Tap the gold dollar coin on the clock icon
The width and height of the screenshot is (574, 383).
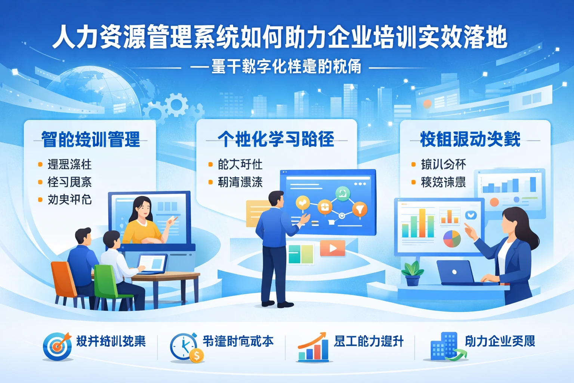pyautogui.click(x=197, y=355)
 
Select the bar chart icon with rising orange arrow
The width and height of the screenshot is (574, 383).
pyautogui.click(x=313, y=347)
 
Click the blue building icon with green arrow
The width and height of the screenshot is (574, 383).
pyautogui.click(x=445, y=347)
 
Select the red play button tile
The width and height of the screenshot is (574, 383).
pyautogui.click(x=332, y=248)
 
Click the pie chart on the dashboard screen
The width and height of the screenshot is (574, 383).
pyautogui.click(x=452, y=239)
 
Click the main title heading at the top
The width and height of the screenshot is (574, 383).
pyautogui.click(x=280, y=37)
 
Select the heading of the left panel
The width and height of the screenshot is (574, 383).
pyautogui.click(x=91, y=140)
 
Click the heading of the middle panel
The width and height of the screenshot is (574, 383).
pyautogui.click(x=276, y=139)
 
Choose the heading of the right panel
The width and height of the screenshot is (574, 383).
pyautogui.click(x=470, y=139)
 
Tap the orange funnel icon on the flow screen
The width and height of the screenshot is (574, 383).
pyautogui.click(x=359, y=209)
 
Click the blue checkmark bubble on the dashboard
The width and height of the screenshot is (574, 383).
pyautogui.click(x=470, y=215)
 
